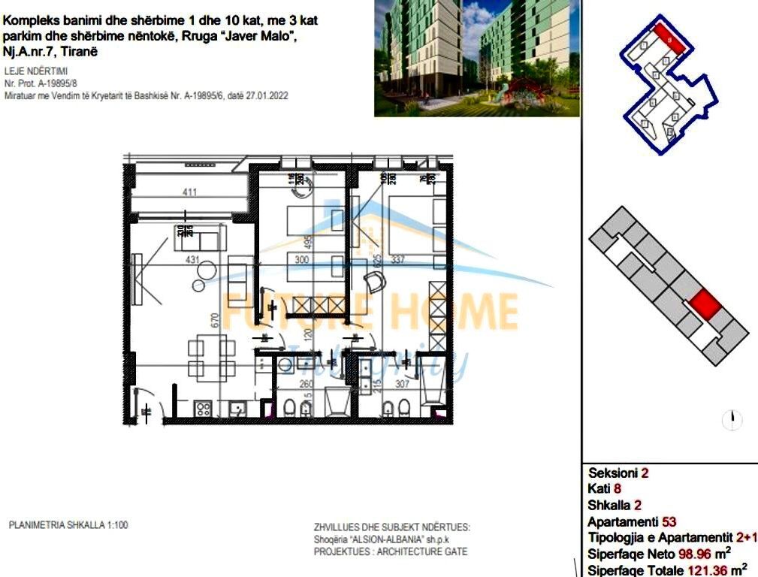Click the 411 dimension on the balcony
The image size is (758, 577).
(189, 193)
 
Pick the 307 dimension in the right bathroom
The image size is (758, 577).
(403, 384)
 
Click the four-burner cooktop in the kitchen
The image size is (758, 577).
(203, 409)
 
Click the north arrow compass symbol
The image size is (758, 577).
(732, 420)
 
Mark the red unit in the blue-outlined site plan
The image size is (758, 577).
(669, 36)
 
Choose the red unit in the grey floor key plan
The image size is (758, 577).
(705, 305)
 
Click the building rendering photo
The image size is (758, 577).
(477, 58)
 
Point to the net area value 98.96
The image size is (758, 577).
(696, 554)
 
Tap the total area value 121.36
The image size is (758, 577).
(710, 569)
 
